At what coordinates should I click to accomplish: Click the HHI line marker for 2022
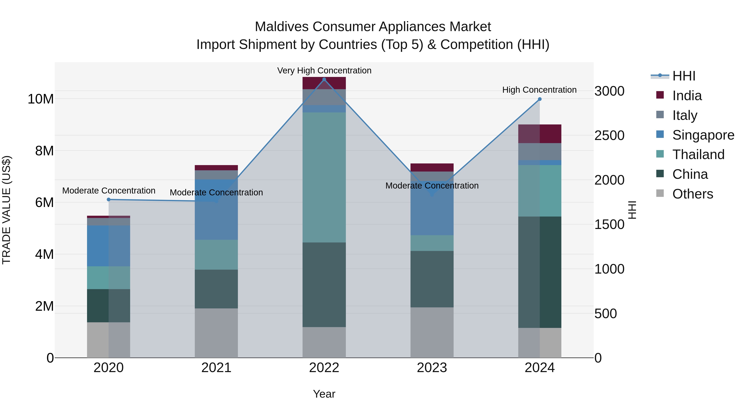[324, 79]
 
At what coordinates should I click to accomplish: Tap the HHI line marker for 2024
[540, 99]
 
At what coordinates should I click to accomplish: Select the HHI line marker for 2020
[109, 199]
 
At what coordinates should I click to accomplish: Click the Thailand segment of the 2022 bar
[324, 177]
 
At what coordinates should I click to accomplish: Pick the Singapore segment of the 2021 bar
[216, 209]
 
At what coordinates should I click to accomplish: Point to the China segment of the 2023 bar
[432, 279]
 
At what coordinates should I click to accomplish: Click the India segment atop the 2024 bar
[540, 134]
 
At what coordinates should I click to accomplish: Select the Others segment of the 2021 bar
[216, 333]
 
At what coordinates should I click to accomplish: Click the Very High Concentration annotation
[324, 71]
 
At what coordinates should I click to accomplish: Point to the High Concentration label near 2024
[539, 90]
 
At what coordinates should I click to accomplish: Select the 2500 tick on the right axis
[609, 135]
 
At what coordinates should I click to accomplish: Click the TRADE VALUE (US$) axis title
[6, 210]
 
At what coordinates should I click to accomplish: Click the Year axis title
[324, 394]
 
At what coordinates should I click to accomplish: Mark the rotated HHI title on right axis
[632, 210]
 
